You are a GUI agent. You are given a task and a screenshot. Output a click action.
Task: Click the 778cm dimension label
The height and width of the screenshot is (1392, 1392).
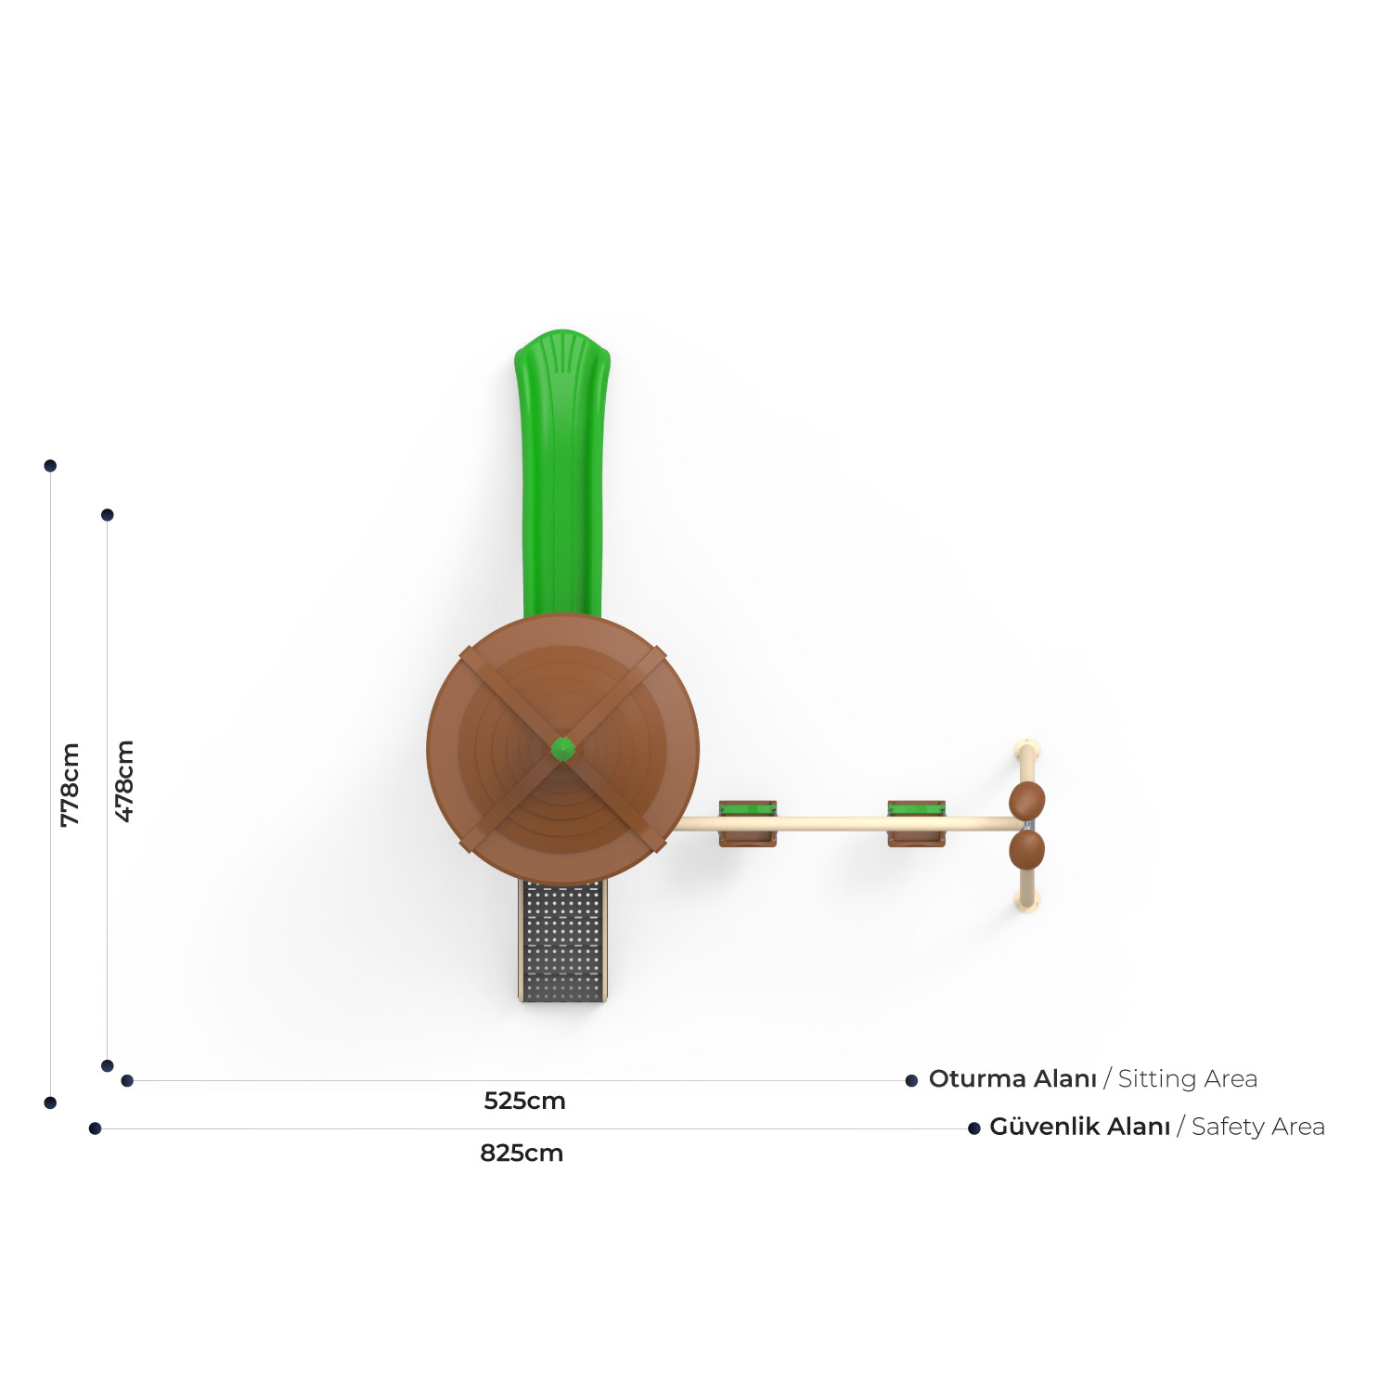(70, 784)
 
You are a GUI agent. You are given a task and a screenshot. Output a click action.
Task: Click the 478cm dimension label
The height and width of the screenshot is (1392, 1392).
(124, 780)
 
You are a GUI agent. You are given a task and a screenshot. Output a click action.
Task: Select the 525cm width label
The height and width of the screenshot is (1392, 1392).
(524, 1101)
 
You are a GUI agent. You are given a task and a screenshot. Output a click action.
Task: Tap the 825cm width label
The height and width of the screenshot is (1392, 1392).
(522, 1153)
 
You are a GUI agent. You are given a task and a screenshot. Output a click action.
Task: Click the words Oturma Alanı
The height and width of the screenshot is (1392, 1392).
(1012, 1078)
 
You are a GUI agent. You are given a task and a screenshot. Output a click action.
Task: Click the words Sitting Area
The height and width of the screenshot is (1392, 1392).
(1188, 1079)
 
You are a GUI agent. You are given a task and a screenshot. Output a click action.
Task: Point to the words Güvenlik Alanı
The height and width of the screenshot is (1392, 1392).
(1080, 1126)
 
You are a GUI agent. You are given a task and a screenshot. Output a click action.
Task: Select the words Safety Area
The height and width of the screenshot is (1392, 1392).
(1258, 1127)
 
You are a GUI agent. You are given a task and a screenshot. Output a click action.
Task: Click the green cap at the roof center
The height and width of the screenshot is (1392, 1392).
(562, 748)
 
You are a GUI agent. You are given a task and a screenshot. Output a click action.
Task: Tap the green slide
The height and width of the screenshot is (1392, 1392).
(562, 473)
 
